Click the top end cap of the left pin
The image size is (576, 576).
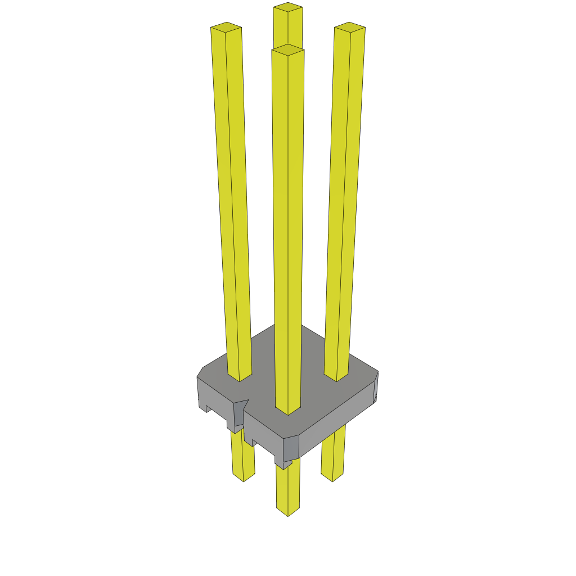tap(226, 26)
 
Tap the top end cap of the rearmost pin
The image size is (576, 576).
tap(287, 7)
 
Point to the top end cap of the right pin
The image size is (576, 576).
tap(349, 26)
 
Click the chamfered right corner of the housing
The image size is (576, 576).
tap(376, 388)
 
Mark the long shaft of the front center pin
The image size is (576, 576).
tap(287, 225)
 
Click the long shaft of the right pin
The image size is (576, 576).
tap(343, 197)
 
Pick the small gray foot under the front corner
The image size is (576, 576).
tap(284, 464)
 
